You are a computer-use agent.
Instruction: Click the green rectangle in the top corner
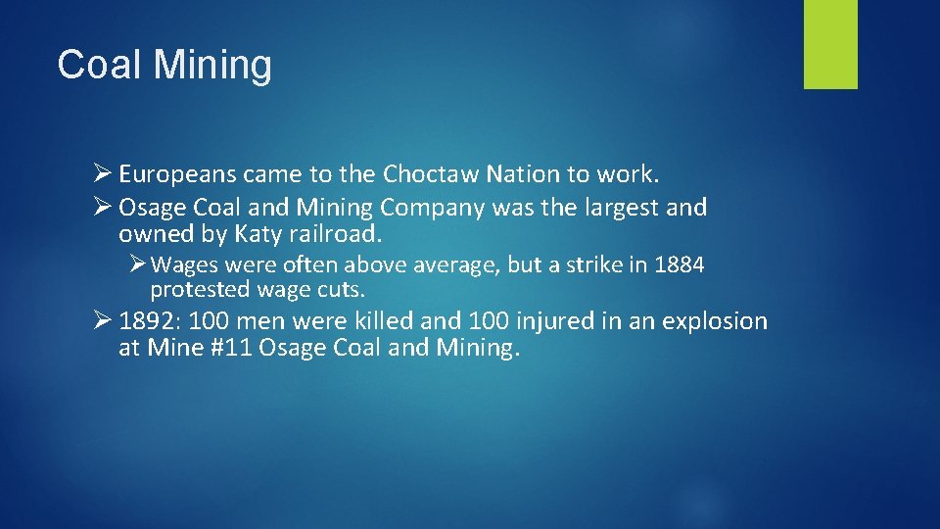click(830, 44)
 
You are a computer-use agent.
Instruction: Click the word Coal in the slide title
click(98, 66)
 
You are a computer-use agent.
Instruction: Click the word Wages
click(184, 265)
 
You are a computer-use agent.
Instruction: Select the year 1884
click(678, 265)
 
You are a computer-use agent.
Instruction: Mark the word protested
click(201, 290)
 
